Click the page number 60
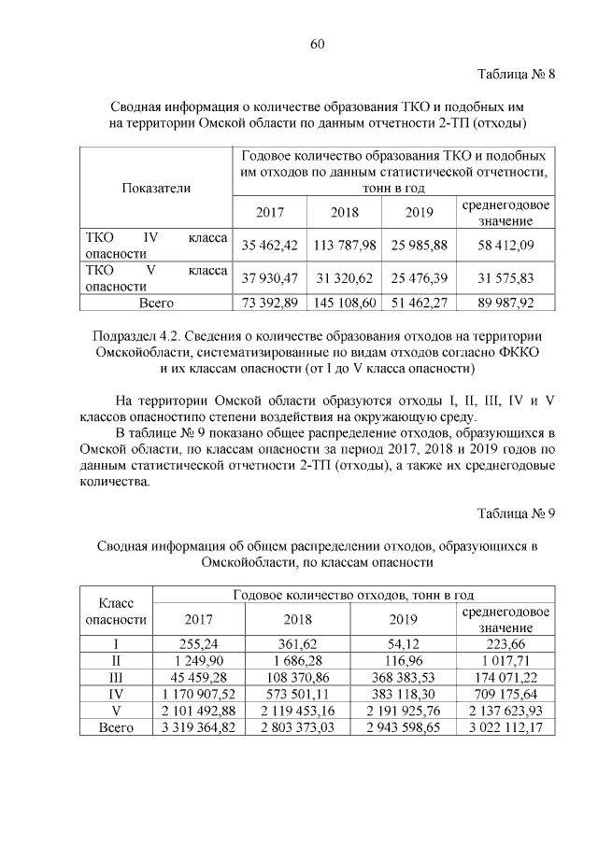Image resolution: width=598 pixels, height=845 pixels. tap(317, 44)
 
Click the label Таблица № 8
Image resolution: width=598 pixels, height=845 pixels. tap(517, 75)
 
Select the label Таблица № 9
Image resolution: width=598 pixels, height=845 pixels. tap(517, 514)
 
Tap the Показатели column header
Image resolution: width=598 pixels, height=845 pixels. tap(156, 188)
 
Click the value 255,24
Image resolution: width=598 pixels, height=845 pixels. tap(197, 642)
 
